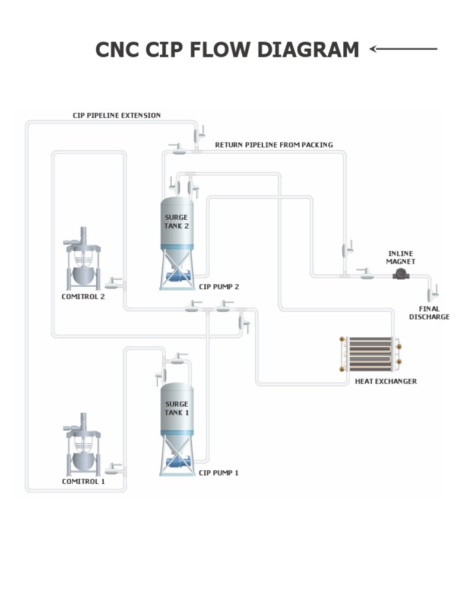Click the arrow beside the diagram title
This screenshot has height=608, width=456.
tap(404, 49)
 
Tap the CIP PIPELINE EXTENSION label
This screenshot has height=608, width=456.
tap(116, 115)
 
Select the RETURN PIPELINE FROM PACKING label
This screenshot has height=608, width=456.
tap(274, 145)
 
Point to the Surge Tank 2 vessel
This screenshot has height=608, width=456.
tap(177, 223)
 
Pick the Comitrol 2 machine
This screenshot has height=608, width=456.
tap(83, 261)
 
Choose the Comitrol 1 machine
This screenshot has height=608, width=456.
tap(83, 448)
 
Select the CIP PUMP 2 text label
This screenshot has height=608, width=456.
tap(219, 287)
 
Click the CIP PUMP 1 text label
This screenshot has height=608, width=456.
tap(219, 473)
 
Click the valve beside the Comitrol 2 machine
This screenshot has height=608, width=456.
tap(115, 281)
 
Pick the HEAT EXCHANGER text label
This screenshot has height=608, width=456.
tap(386, 381)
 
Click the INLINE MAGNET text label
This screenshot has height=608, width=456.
tap(400, 258)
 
